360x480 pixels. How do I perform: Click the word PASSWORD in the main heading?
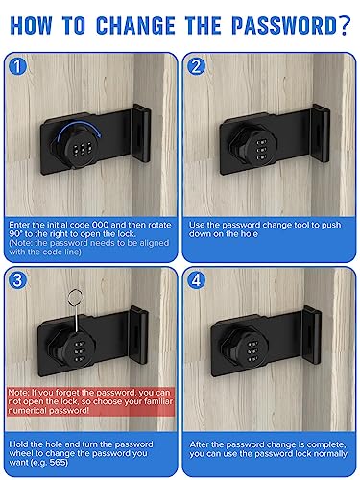(x=284, y=25)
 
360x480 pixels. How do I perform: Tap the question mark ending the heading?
(x=345, y=25)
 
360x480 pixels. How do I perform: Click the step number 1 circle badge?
(x=18, y=66)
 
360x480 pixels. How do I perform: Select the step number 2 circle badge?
(x=196, y=66)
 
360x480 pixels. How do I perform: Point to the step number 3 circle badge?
(x=18, y=280)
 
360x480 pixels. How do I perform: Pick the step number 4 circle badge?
(x=196, y=280)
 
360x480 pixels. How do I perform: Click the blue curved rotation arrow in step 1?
(x=79, y=128)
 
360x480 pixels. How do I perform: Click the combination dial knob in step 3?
(x=79, y=351)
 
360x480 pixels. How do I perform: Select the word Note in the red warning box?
(x=18, y=393)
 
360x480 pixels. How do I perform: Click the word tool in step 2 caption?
(x=311, y=225)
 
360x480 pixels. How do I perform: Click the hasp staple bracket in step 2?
(x=321, y=133)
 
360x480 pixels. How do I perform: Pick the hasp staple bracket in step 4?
(x=311, y=335)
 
